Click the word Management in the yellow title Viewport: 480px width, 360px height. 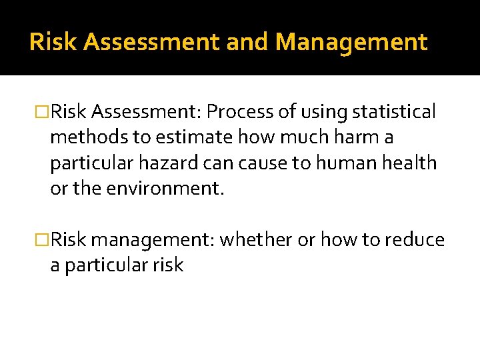(351, 43)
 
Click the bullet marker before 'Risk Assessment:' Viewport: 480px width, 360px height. (45, 113)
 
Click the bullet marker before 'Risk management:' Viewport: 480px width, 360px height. (45, 240)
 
